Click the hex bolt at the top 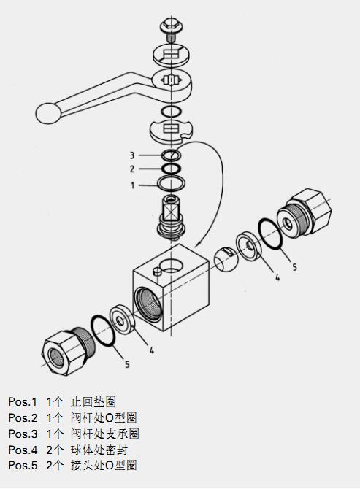(171, 29)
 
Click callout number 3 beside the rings (132, 155)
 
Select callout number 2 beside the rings (132, 169)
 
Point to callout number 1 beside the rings (133, 185)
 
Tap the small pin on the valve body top (158, 272)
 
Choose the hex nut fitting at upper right (305, 215)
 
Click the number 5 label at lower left (127, 364)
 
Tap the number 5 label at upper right (294, 267)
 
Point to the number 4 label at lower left (152, 350)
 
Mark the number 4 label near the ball (277, 277)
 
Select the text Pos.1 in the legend (23, 401)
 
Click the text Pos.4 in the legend (23, 450)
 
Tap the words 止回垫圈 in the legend (93, 401)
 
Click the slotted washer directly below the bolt (172, 56)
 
